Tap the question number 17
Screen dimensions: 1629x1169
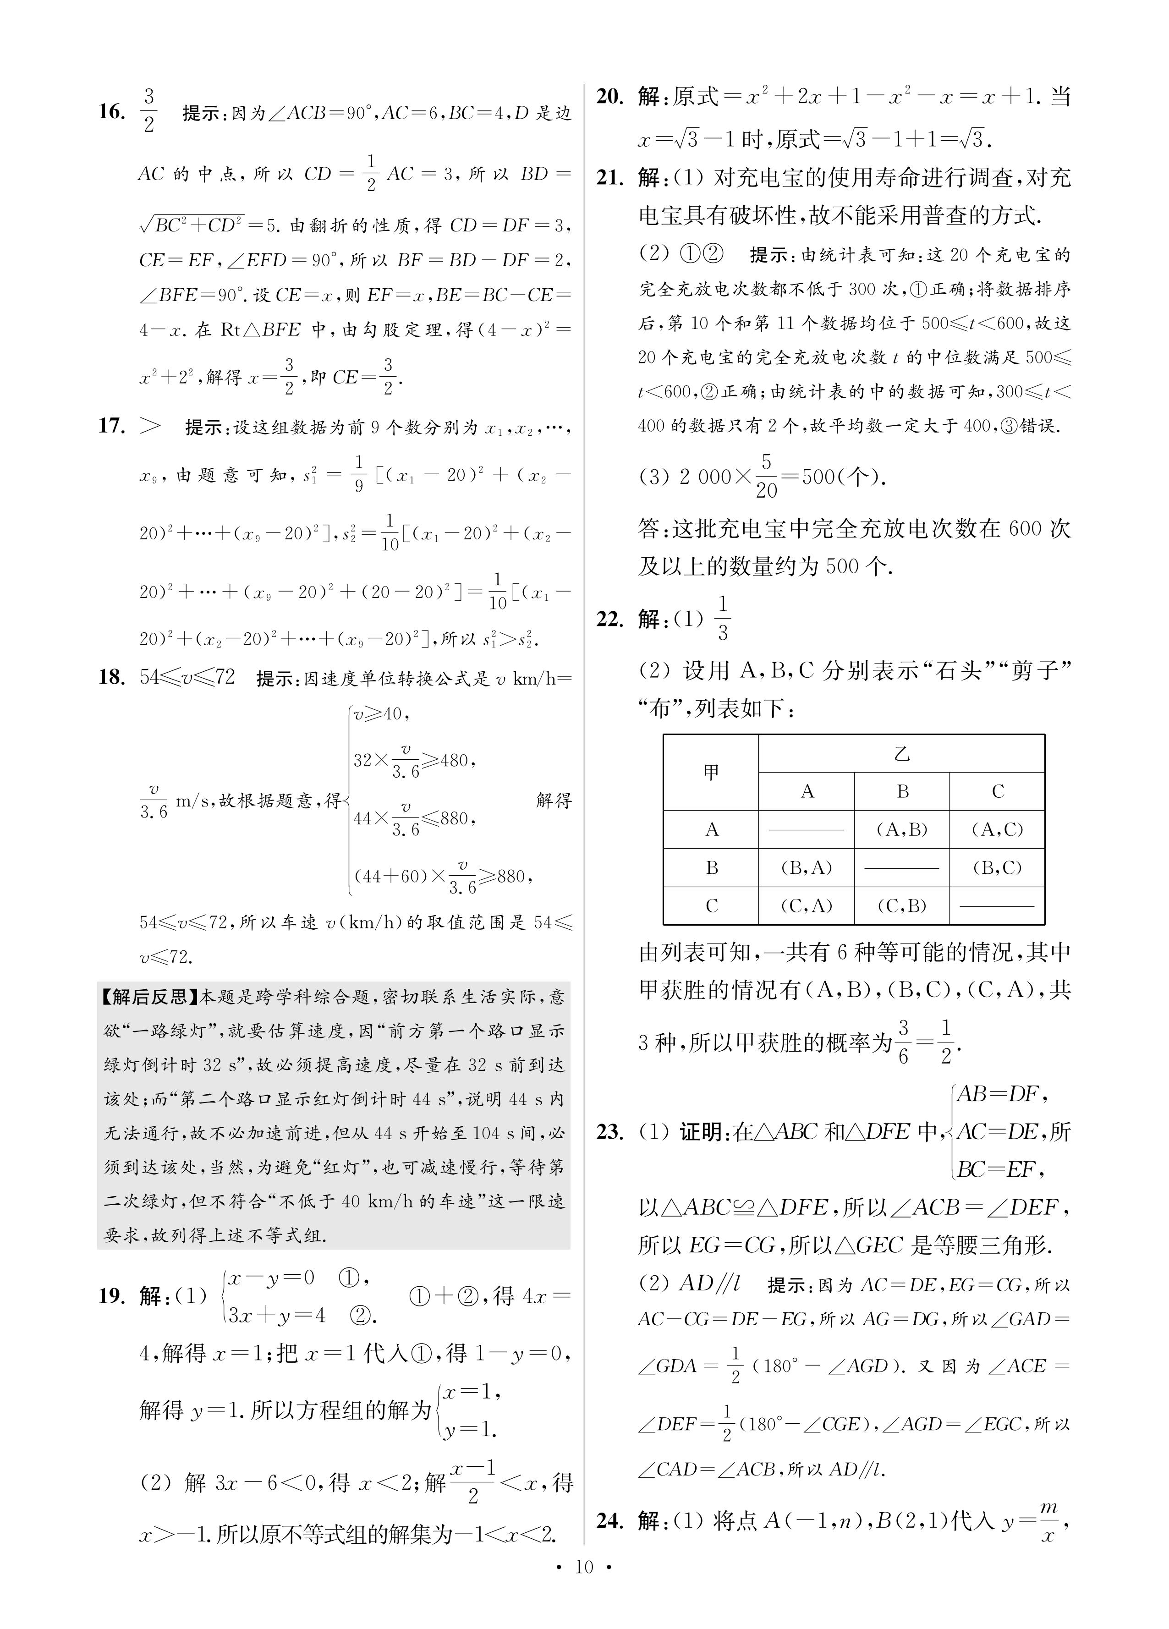point(112,426)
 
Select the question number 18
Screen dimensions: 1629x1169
point(112,677)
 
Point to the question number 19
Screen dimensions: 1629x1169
point(112,1296)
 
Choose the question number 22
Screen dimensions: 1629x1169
point(610,619)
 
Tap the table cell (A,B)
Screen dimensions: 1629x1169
point(902,829)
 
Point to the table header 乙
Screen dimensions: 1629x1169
point(902,753)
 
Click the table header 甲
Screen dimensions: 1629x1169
point(711,772)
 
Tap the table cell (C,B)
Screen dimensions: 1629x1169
point(902,906)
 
